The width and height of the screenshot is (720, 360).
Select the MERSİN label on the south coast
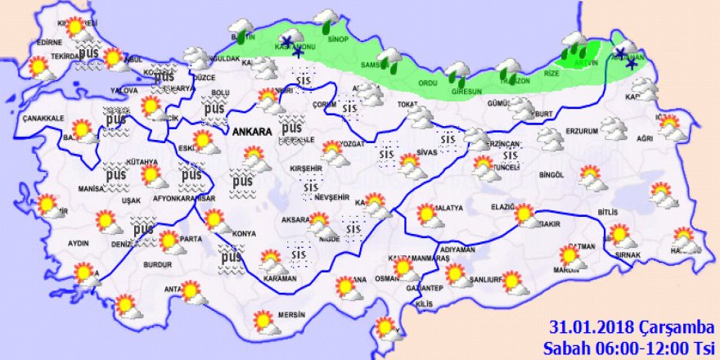290,315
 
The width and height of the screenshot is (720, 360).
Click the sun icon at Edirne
76,28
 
